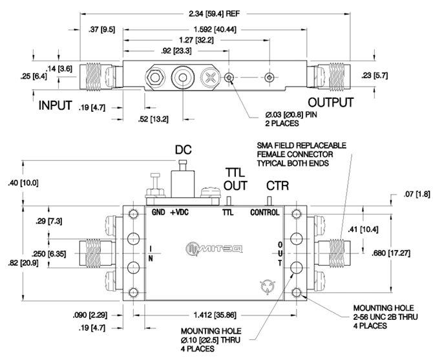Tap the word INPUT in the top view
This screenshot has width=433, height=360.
tap(55, 105)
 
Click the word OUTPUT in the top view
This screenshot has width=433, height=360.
tap(330, 103)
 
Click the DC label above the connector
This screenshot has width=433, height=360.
tap(183, 149)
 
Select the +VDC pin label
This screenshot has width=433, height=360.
tap(180, 213)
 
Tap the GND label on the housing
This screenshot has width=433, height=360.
tap(158, 213)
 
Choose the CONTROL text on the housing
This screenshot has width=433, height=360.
tap(265, 213)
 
